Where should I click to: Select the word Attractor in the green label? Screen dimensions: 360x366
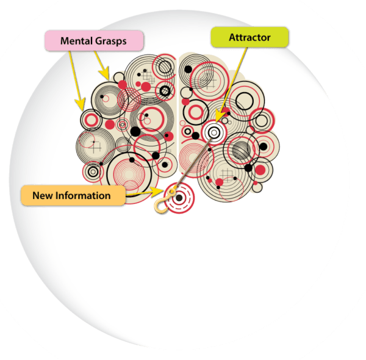249,38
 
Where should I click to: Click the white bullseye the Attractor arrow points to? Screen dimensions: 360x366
214,131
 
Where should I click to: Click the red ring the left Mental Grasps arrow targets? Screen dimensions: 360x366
91,118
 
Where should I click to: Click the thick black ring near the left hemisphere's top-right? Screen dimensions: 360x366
165,91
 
